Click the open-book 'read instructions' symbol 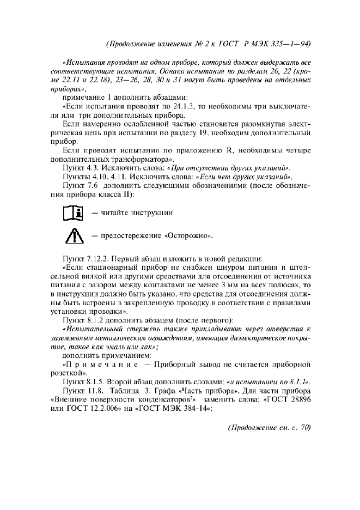point(72,212)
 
